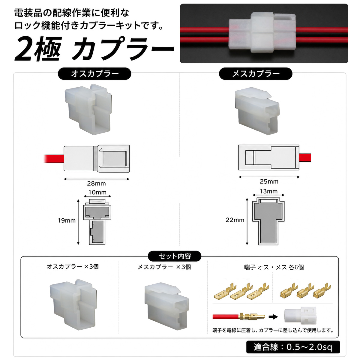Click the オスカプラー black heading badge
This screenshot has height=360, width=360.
94,73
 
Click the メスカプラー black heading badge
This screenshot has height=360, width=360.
256,73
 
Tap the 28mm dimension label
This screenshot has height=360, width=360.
96,184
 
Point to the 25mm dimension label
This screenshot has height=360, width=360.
269,181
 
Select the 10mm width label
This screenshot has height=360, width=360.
97,192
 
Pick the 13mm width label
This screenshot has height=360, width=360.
268,191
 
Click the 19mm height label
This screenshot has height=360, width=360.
67,220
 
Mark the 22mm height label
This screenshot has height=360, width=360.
235,220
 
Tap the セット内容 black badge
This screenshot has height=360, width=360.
175,256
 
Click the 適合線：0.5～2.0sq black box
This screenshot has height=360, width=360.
293,347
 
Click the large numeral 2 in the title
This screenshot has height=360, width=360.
23,49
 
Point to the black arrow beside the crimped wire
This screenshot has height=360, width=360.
273,317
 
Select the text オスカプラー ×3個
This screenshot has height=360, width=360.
73,267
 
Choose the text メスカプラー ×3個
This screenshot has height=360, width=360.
164,267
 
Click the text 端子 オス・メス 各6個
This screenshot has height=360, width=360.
274,267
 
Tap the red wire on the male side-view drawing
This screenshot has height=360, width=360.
54,159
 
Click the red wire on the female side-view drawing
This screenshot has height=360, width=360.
305,157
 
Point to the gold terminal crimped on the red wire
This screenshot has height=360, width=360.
252,316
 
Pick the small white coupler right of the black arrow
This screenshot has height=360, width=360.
300,316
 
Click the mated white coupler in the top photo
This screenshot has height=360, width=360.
262,33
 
